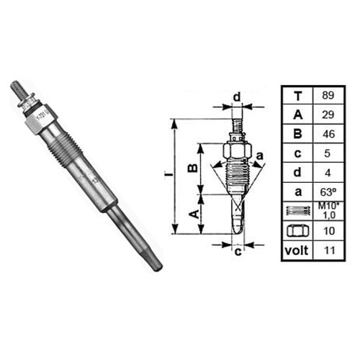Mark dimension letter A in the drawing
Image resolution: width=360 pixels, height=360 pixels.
[x=193, y=213]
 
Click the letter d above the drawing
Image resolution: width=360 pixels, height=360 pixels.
[x=236, y=96]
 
